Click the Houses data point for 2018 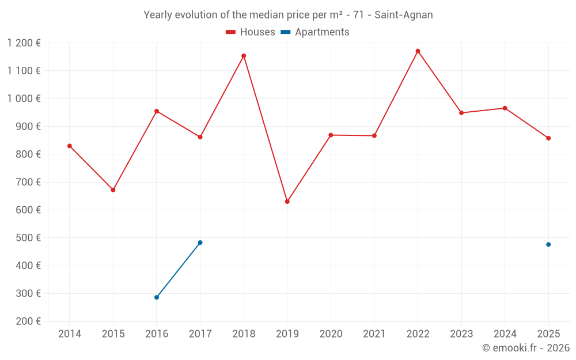244,56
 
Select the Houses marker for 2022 418,51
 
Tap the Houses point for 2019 287,202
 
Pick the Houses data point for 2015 113,190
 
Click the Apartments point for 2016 157,297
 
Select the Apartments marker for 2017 200,242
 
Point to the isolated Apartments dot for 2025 548,244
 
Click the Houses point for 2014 70,146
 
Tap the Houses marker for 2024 505,108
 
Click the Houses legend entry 251,32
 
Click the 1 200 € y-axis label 24,43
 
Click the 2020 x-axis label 331,334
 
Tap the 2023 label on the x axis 461,334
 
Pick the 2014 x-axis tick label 70,334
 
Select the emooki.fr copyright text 525,348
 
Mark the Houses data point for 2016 157,111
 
